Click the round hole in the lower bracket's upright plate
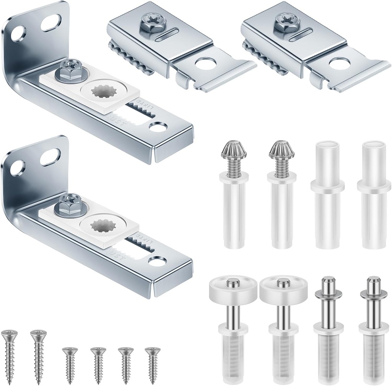17,167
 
